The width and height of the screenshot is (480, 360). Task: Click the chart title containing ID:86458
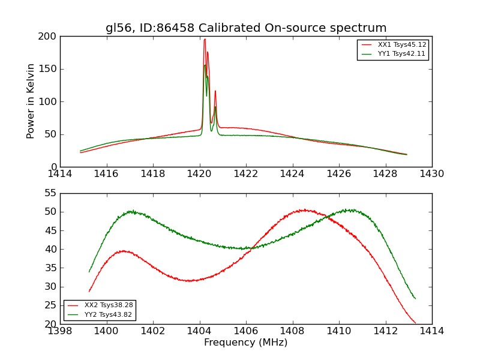pyautogui.click(x=246, y=28)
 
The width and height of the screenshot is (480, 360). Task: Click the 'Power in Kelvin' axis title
pyautogui.click(x=31, y=101)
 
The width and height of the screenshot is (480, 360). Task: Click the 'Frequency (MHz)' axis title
pyautogui.click(x=245, y=343)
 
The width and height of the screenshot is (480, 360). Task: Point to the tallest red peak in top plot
pyautogui.click(x=205, y=40)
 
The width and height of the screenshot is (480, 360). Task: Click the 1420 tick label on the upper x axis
pyautogui.click(x=199, y=173)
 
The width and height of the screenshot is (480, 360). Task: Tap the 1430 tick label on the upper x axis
pyautogui.click(x=431, y=173)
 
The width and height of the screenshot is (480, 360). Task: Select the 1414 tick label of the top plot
pyautogui.click(x=60, y=173)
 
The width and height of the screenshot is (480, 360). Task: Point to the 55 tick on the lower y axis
pyautogui.click(x=50, y=193)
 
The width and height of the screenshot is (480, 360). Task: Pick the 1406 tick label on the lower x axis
pyautogui.click(x=245, y=331)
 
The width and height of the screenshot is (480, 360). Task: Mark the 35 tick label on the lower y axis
pyautogui.click(x=50, y=268)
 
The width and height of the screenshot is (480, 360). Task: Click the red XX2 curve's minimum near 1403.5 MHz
pyautogui.click(x=189, y=281)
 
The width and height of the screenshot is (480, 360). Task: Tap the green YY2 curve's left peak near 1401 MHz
pyautogui.click(x=131, y=211)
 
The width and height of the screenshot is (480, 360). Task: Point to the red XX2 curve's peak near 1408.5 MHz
pyautogui.click(x=304, y=210)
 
